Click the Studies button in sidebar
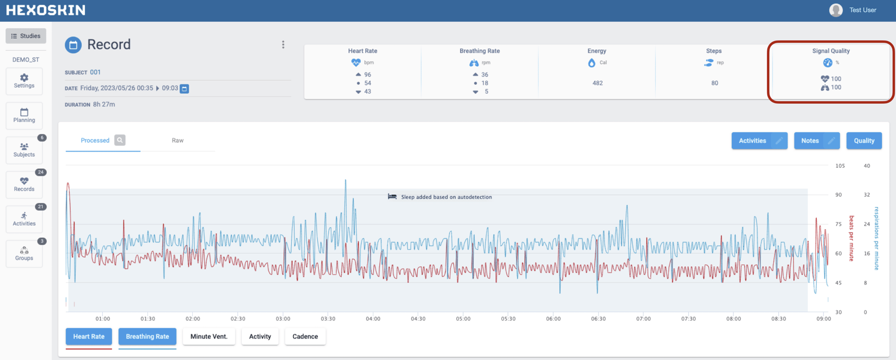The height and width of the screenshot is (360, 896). pyautogui.click(x=26, y=36)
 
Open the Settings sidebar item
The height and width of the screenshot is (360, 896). pyautogui.click(x=24, y=81)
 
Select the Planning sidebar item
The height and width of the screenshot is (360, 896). pyautogui.click(x=24, y=116)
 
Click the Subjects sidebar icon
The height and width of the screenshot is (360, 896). pyautogui.click(x=24, y=150)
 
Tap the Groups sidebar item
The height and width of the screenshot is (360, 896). pyautogui.click(x=24, y=254)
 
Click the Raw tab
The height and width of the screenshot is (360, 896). pyautogui.click(x=178, y=141)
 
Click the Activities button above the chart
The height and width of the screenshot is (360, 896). pyautogui.click(x=752, y=141)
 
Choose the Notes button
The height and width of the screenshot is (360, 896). pyautogui.click(x=810, y=141)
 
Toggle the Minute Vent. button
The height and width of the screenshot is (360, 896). pyautogui.click(x=209, y=337)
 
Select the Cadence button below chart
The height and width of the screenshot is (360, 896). pyautogui.click(x=305, y=337)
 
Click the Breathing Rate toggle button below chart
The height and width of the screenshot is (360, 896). pyautogui.click(x=147, y=337)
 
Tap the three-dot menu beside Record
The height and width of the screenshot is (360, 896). pyautogui.click(x=283, y=45)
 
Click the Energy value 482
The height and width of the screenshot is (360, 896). pyautogui.click(x=598, y=83)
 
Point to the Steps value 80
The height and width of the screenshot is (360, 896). pyautogui.click(x=714, y=83)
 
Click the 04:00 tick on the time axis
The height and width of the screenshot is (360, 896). pyautogui.click(x=373, y=318)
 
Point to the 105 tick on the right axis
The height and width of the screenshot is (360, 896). pyautogui.click(x=840, y=166)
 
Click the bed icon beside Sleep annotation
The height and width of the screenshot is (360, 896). pyautogui.click(x=392, y=196)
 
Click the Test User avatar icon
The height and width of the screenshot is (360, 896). pyautogui.click(x=836, y=10)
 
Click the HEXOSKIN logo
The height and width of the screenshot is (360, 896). pyautogui.click(x=46, y=10)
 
